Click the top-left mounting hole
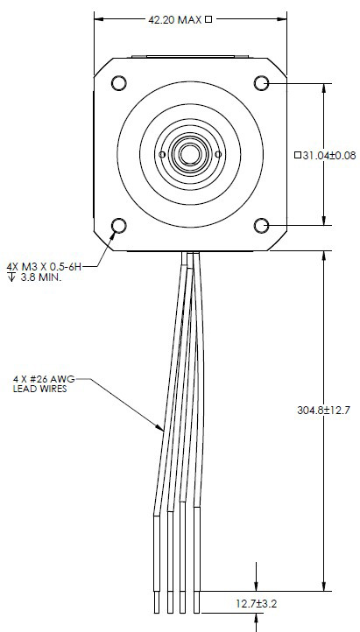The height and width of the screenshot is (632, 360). [x=117, y=83]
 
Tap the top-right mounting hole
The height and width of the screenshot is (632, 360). [x=261, y=83]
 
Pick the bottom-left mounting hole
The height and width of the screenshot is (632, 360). [x=117, y=227]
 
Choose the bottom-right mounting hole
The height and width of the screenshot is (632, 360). [x=261, y=227]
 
